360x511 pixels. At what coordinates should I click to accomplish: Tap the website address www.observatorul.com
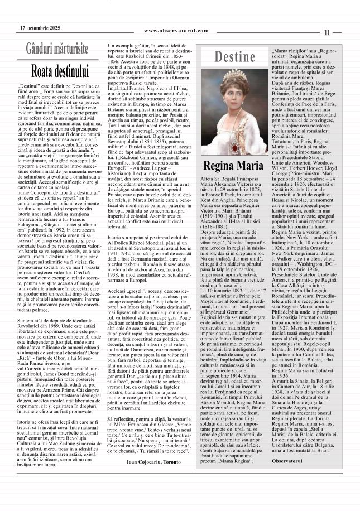[x=176, y=31]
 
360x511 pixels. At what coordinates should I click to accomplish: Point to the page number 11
[x=328, y=33]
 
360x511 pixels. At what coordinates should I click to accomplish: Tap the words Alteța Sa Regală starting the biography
[x=218, y=177]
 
